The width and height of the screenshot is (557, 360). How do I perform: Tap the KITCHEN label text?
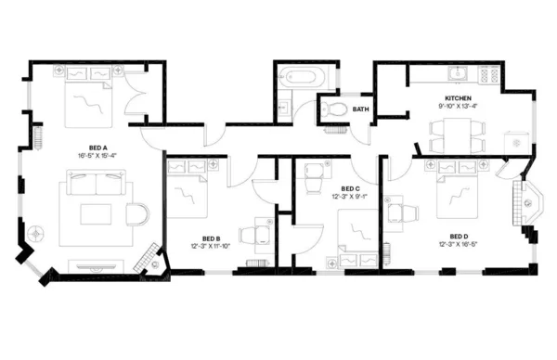pos(459,97)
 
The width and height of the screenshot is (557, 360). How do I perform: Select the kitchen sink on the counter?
pos(455,72)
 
